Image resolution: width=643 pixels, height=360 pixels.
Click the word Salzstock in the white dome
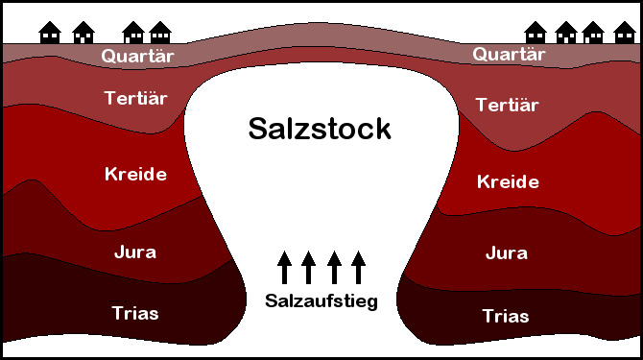[320, 128]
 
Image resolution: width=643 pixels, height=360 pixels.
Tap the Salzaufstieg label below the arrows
[321, 300]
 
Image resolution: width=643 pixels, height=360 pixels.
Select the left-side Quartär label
[134, 56]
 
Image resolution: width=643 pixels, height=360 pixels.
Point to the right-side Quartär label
[509, 55]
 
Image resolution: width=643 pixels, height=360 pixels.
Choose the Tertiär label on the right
[508, 105]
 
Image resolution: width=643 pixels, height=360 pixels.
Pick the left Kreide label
[134, 174]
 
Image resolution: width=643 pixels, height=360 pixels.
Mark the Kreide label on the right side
[508, 181]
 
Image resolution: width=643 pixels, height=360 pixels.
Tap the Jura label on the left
[134, 252]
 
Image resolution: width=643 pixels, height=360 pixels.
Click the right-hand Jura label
[507, 252]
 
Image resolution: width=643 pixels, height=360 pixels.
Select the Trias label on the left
[134, 313]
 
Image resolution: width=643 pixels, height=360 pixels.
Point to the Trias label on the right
[506, 315]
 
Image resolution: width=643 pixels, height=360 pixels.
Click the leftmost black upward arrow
[284, 268]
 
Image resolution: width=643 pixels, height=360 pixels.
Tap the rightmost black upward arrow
[359, 268]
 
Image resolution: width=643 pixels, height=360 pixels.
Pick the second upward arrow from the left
[309, 268]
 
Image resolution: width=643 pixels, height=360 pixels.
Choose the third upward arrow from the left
[334, 268]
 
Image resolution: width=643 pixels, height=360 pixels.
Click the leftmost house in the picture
[49, 33]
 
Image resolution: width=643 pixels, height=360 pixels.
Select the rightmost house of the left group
[159, 33]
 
